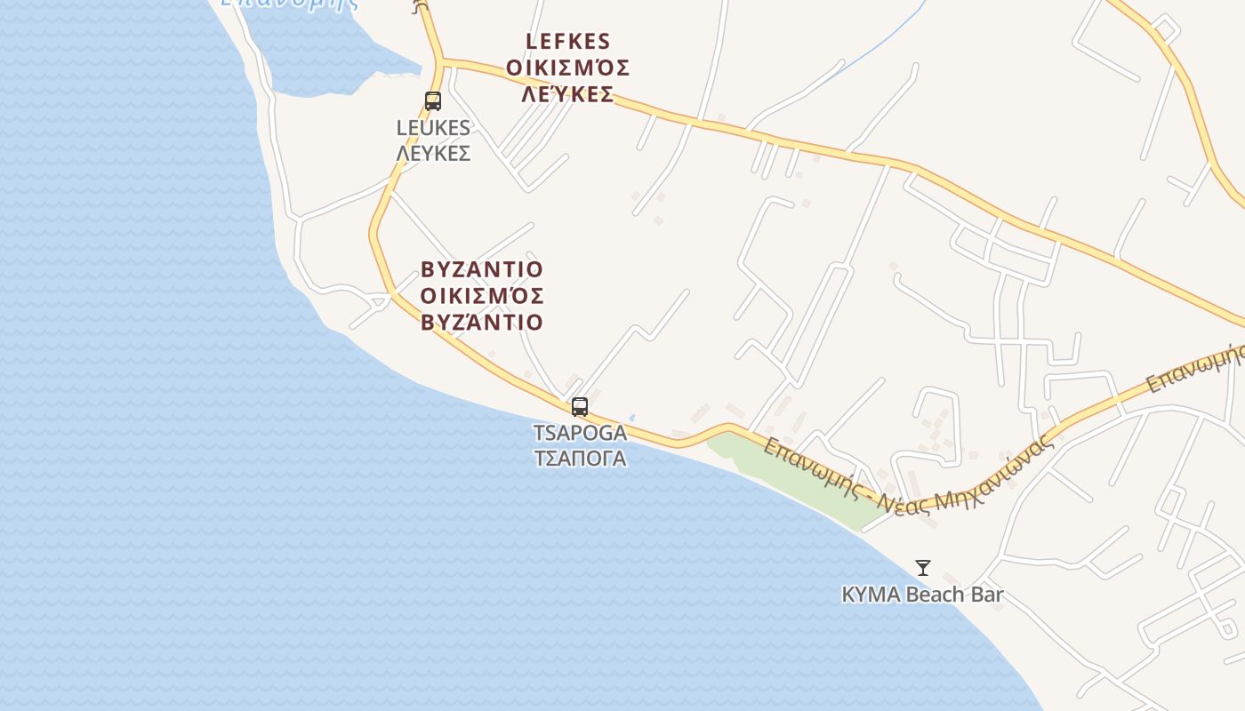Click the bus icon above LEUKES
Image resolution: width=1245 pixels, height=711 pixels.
click(433, 101)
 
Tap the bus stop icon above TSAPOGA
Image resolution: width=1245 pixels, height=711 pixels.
click(580, 407)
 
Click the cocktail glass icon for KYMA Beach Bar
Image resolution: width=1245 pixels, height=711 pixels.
click(923, 567)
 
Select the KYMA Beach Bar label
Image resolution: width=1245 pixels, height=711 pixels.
click(922, 595)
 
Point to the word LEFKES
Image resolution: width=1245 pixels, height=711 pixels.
click(568, 42)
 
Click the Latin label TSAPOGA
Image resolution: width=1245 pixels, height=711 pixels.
click(580, 434)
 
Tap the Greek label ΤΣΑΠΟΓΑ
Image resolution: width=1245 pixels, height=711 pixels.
click(580, 459)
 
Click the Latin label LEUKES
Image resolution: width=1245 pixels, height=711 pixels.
click(433, 128)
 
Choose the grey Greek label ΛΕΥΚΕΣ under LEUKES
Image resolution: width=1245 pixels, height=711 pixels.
click(433, 154)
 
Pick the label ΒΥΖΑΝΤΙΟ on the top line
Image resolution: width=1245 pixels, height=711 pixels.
click(481, 269)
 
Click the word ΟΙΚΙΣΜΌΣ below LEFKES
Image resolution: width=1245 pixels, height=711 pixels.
click(568, 68)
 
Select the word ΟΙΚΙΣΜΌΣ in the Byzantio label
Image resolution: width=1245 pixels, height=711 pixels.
click(481, 296)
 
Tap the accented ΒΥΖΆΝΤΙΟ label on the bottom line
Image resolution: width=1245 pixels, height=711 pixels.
click(481, 323)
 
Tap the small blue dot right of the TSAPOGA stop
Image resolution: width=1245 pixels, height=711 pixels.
click(631, 417)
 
